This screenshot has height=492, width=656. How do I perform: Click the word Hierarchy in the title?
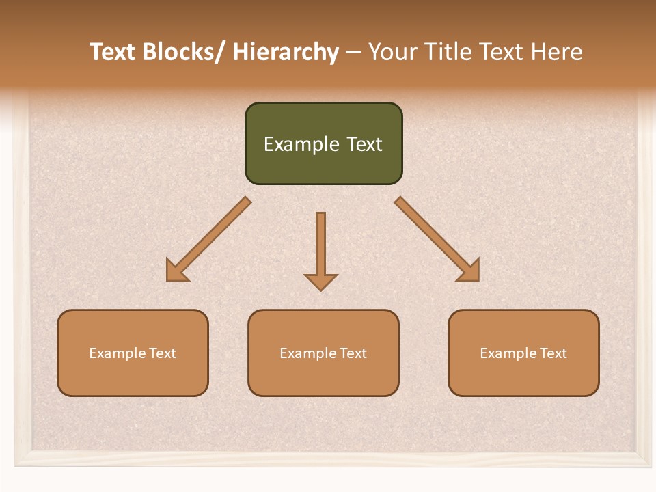286,53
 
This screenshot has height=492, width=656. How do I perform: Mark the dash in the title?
353,53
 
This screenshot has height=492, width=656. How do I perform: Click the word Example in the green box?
301,144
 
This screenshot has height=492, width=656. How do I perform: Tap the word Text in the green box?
364,144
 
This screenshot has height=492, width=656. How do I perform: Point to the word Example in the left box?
118,353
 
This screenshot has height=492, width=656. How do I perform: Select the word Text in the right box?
553,353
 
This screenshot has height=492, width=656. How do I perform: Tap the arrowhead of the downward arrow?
320,282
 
